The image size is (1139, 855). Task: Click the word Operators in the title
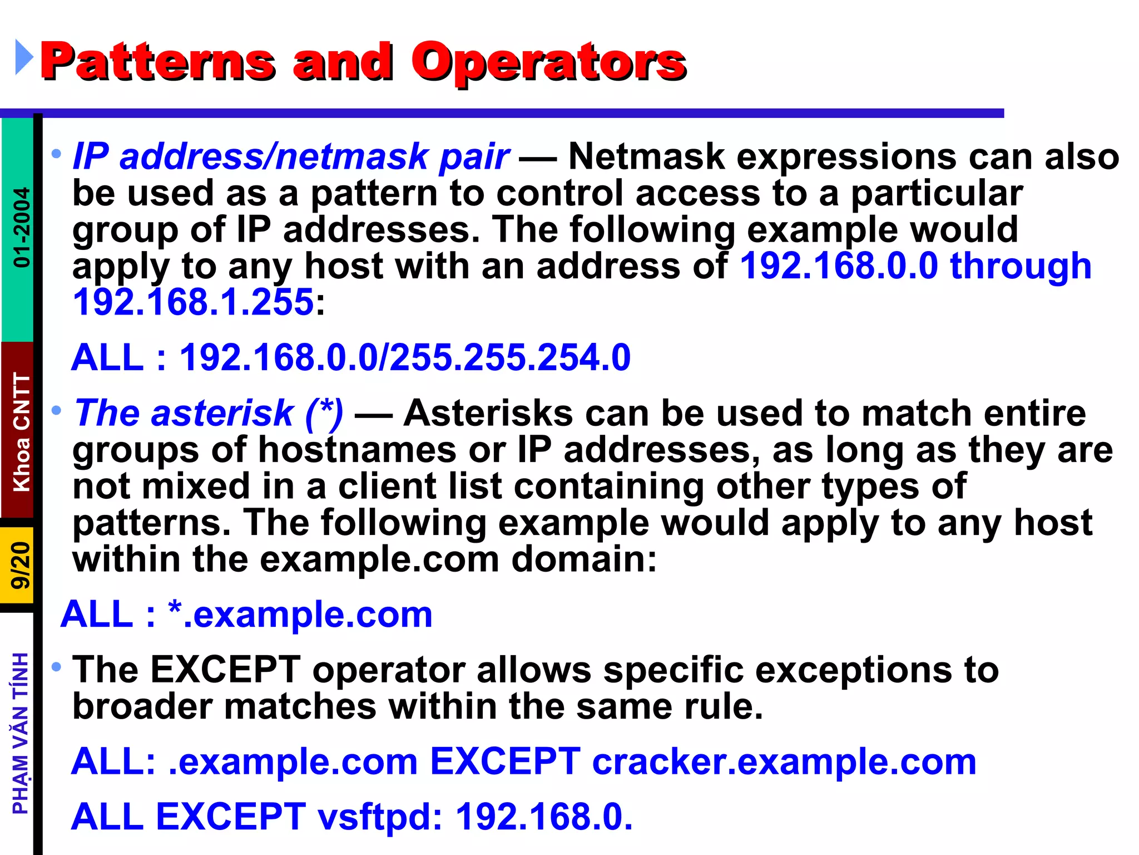pyautogui.click(x=548, y=62)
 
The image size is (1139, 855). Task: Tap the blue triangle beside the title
pyautogui.click(x=23, y=57)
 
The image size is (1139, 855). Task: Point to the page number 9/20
pyautogui.click(x=20, y=564)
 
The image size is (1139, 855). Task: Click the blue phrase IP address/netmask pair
pyautogui.click(x=290, y=156)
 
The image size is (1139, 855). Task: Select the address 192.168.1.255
pyautogui.click(x=194, y=302)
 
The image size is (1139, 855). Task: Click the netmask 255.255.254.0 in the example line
pyautogui.click(x=510, y=357)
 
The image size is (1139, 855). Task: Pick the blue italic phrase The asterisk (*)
pyautogui.click(x=209, y=413)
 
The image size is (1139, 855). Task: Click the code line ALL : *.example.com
pyautogui.click(x=246, y=615)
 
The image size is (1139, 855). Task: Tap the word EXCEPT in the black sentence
pyautogui.click(x=226, y=669)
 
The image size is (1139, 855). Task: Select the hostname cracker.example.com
pyautogui.click(x=784, y=761)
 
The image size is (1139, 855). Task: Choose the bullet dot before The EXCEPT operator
pyautogui.click(x=56, y=666)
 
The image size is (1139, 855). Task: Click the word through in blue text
pyautogui.click(x=1021, y=266)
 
